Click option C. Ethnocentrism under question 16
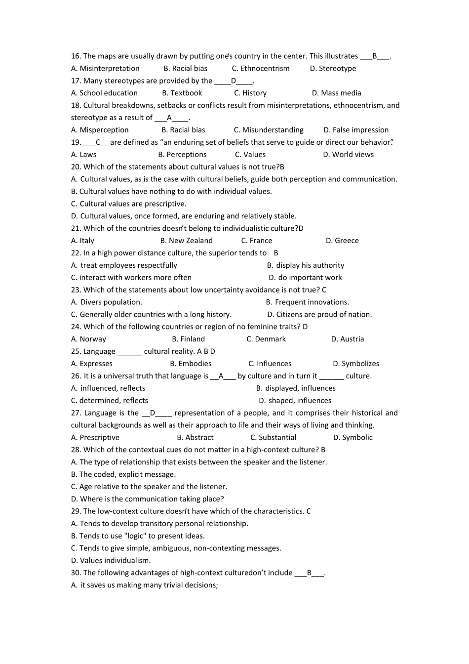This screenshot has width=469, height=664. coord(261,69)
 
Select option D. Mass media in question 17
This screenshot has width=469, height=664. coord(336,93)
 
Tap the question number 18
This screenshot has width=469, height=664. coord(76,105)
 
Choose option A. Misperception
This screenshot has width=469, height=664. coord(100,130)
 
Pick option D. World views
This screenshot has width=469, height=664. coord(348,155)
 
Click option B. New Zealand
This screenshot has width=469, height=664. coord(186,241)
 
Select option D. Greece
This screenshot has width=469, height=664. coord(342,241)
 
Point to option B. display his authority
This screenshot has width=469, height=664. coord(306,265)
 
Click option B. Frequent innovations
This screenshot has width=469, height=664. coord(307,302)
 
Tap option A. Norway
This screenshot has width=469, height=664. coord(88,339)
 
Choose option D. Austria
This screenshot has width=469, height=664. coord(348,339)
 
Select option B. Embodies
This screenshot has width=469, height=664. coord(191,364)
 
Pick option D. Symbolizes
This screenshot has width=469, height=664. coord(356,364)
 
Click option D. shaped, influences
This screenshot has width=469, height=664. coord(295,401)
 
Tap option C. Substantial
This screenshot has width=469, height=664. coord(273,438)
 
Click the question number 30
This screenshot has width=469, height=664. coord(76,573)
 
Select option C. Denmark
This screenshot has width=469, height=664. coord(266,339)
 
